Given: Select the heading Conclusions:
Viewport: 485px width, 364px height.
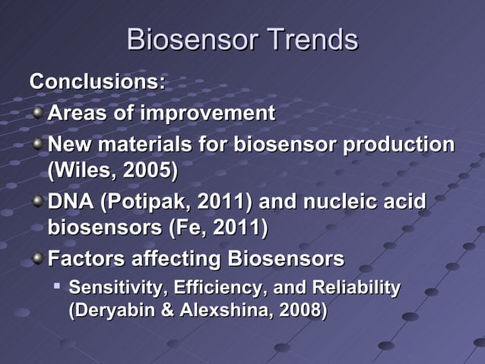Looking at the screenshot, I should pyautogui.click(x=97, y=81).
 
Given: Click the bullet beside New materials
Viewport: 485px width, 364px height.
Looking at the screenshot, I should pyautogui.click(x=37, y=145).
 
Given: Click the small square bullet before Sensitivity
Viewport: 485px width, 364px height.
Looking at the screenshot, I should pyautogui.click(x=57, y=286).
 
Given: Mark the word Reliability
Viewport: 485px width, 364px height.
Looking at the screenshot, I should pyautogui.click(x=356, y=288).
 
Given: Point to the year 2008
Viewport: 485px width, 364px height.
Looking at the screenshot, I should pyautogui.click(x=303, y=311).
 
